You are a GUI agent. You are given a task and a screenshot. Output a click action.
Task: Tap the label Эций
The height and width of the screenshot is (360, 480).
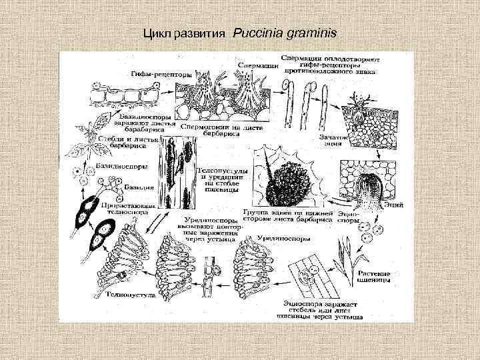(x=393, y=206)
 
